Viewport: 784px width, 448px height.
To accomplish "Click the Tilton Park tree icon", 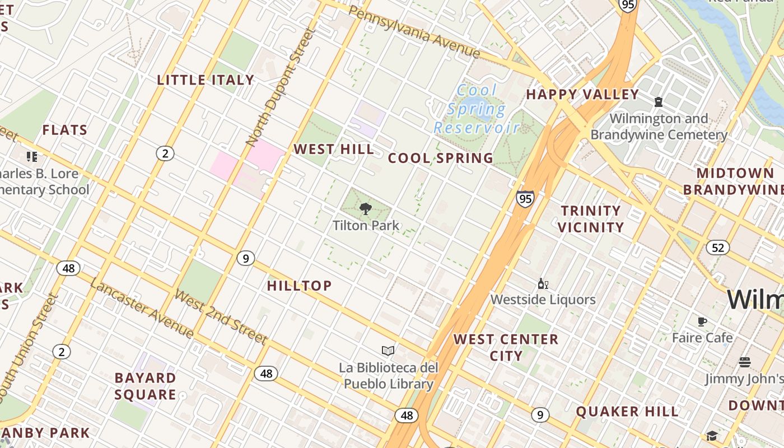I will coord(365,209).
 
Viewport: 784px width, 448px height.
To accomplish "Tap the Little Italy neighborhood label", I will coord(206,80).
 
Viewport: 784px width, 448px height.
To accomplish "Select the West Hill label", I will coord(334,150).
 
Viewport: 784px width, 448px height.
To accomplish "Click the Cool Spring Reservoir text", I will coord(477,109).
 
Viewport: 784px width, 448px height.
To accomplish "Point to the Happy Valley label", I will coord(582,95).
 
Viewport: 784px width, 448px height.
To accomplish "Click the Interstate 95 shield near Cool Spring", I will coord(525,198).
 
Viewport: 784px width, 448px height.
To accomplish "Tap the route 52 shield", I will coord(717,247).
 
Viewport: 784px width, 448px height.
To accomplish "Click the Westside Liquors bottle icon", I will coord(542,284).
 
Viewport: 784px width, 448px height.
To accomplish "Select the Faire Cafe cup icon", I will coord(702,321).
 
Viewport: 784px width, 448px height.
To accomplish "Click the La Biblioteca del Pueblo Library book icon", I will coord(388,351).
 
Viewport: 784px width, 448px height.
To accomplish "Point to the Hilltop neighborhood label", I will coord(300,286).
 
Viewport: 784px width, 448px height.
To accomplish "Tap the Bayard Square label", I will coord(146,386).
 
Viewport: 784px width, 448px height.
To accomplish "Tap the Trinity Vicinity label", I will coord(591,219).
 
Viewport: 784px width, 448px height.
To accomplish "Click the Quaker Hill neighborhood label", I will coord(627,412).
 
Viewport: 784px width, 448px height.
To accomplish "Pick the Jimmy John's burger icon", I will coord(744,362).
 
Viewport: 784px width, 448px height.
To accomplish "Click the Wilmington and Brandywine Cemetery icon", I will coord(659,102).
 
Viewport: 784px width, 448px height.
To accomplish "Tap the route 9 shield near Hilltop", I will coord(245,258).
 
